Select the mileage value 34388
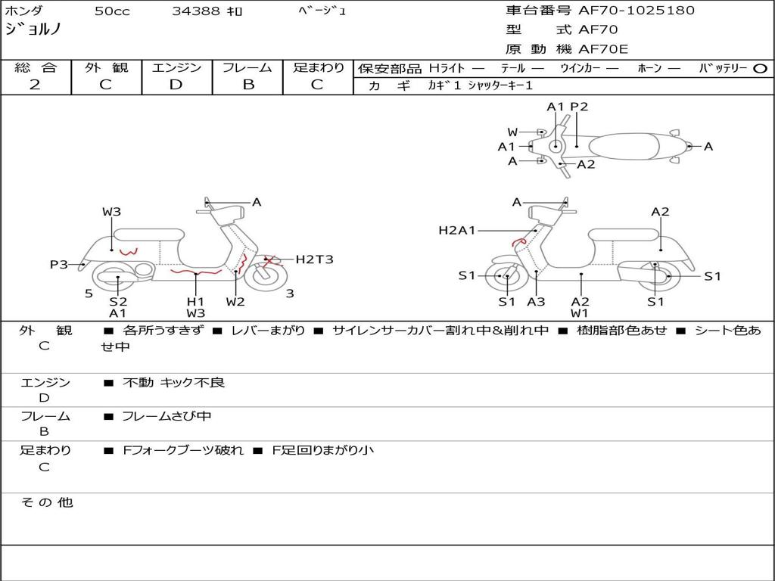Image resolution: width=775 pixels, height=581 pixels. [x=196, y=11]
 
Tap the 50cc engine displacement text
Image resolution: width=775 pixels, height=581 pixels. [x=110, y=11]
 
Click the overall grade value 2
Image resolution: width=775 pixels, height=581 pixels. [x=35, y=85]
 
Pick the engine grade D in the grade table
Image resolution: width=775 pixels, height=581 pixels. [x=176, y=85]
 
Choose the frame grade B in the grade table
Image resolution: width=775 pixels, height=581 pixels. [x=247, y=85]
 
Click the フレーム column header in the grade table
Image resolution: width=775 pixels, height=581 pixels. [x=247, y=68]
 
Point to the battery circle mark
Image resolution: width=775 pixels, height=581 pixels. [x=761, y=69]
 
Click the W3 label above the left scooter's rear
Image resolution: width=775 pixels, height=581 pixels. [x=112, y=212]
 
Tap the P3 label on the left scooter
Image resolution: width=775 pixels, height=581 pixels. [x=59, y=264]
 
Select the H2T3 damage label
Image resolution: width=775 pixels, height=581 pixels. [x=314, y=259]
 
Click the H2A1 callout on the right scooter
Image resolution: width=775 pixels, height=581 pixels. [x=457, y=230]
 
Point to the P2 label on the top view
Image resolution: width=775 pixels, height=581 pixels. [x=579, y=107]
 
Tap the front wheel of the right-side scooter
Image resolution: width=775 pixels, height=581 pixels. [x=506, y=277]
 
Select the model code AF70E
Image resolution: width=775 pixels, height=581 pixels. [x=603, y=49]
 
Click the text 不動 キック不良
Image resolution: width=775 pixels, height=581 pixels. [x=173, y=384]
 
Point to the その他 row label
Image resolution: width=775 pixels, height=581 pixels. [x=47, y=502]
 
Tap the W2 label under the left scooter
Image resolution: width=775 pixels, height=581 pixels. [x=235, y=302]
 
